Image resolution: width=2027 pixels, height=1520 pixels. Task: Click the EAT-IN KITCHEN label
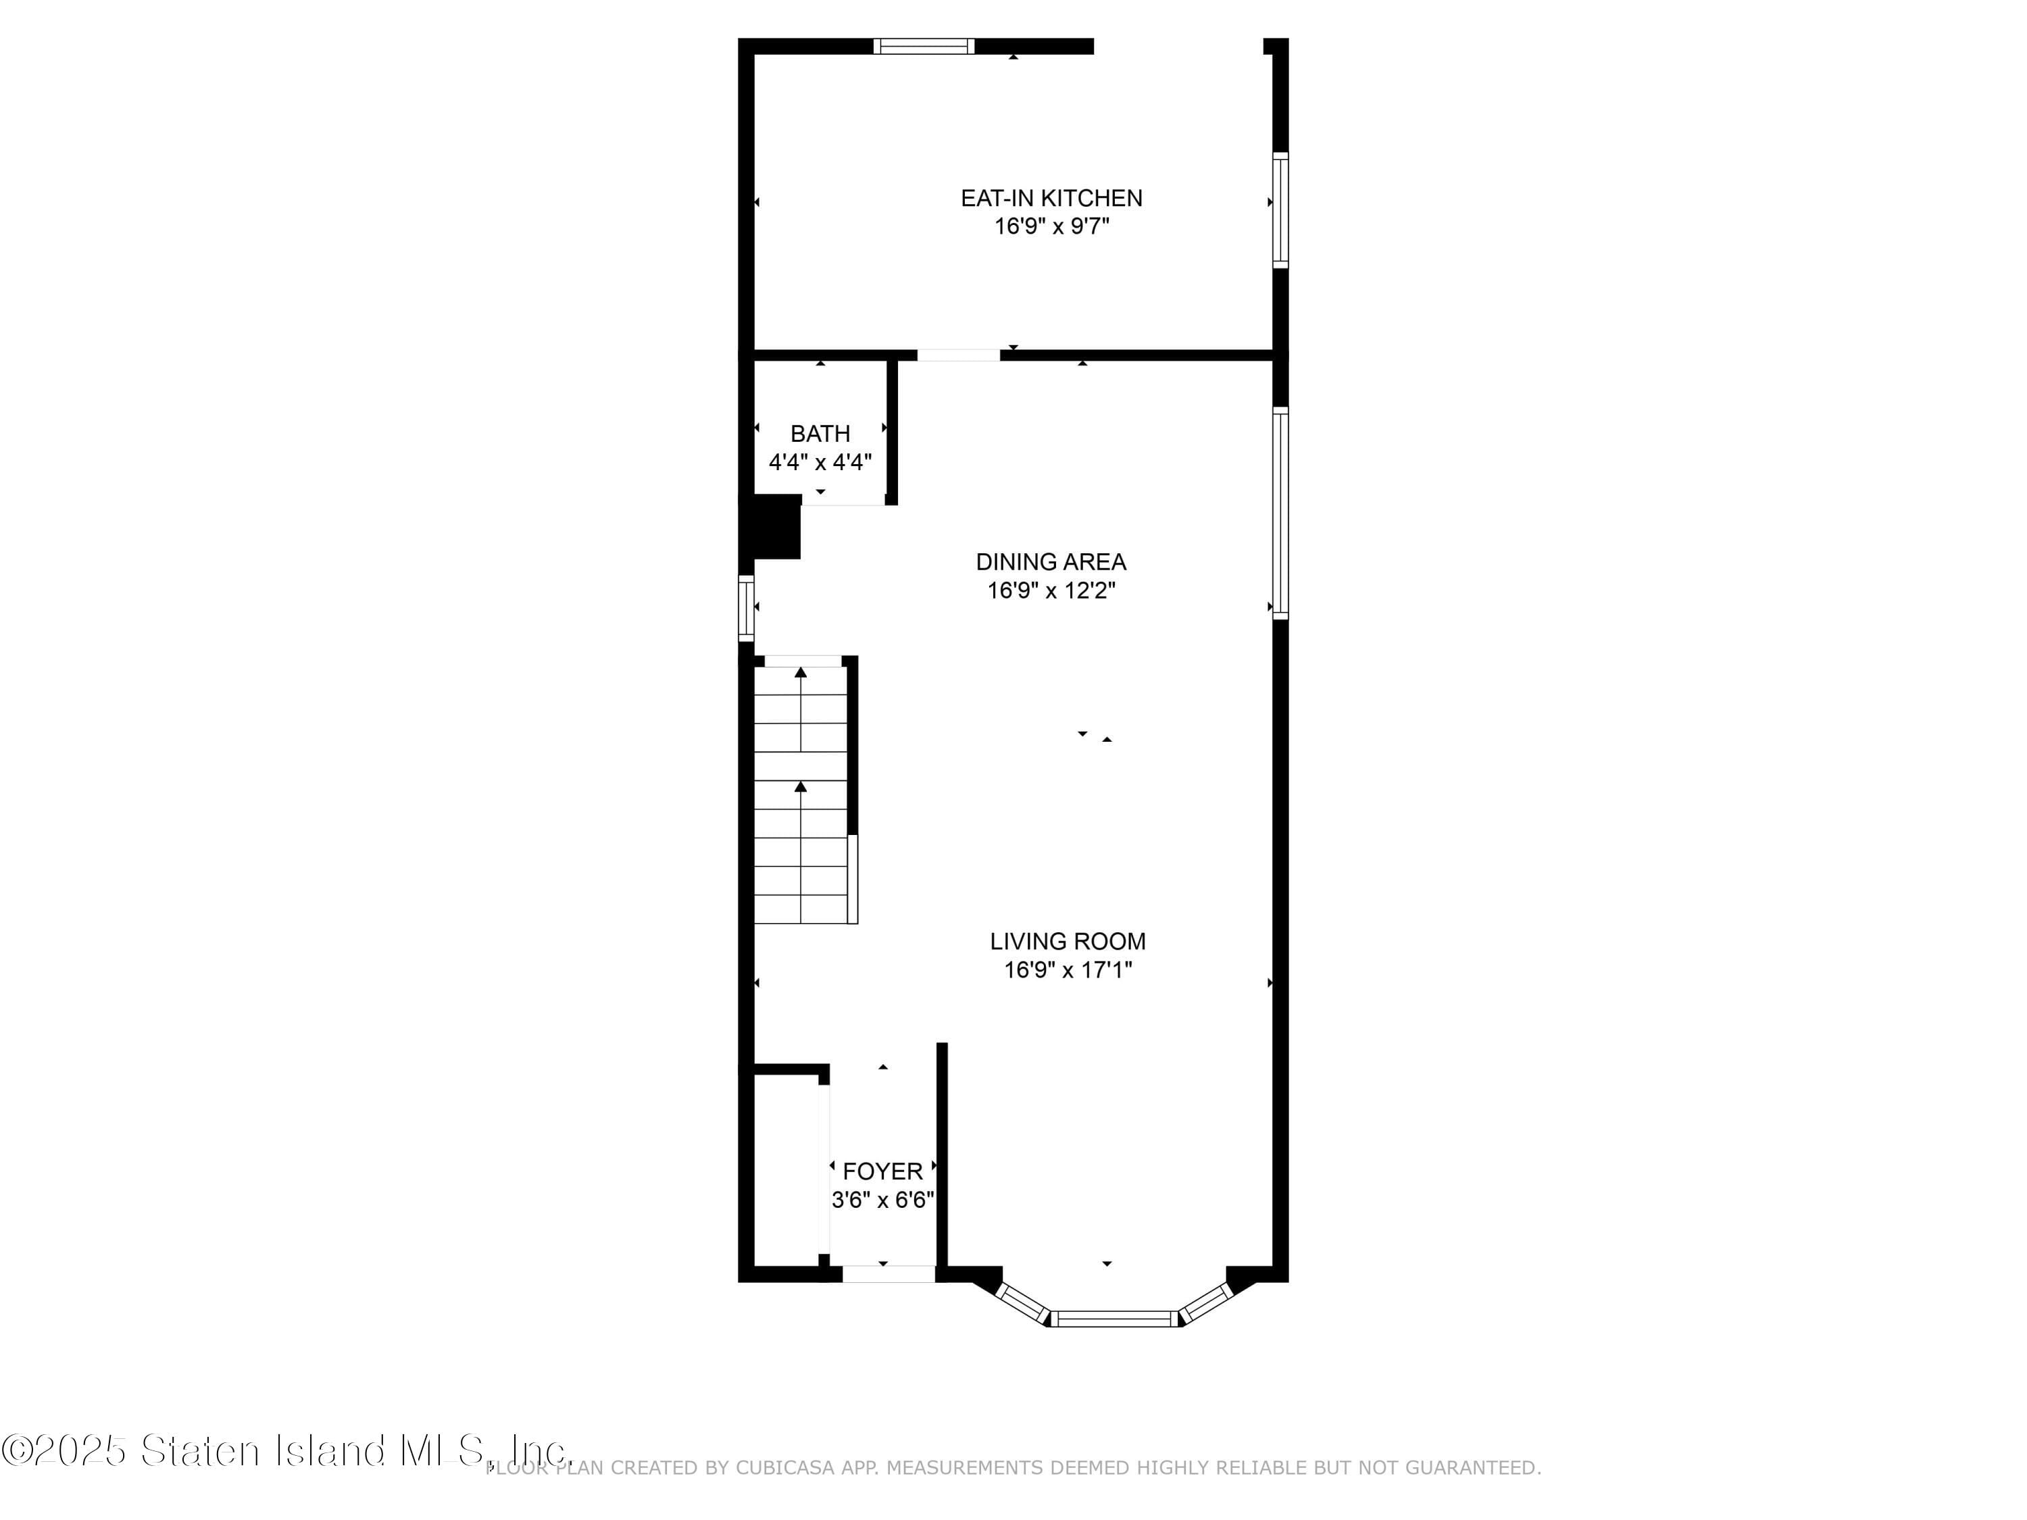tap(1051, 198)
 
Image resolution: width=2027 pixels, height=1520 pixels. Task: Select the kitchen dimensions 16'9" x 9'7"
tap(1051, 226)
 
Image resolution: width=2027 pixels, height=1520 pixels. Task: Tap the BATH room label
tap(820, 434)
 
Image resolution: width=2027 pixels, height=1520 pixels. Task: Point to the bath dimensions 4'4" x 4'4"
tap(820, 462)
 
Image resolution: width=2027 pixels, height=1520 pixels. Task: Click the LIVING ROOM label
tap(1068, 941)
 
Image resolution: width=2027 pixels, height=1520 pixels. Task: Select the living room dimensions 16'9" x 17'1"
tap(1068, 969)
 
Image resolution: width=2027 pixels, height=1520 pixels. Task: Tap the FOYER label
tap(882, 1171)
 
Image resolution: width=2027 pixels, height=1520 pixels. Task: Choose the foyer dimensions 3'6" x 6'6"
tap(882, 1199)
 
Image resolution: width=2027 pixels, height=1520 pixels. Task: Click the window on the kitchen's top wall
tap(923, 47)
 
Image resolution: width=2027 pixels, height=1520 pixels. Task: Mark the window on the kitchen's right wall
tap(1280, 210)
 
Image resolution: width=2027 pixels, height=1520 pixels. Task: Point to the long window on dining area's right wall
tap(1280, 513)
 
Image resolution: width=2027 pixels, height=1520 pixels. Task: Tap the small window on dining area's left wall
tap(746, 607)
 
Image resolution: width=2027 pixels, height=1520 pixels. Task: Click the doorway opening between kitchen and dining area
tap(959, 355)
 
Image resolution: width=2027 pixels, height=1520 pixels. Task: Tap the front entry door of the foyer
tap(888, 1273)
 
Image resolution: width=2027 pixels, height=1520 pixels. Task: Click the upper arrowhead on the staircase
tap(801, 672)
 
